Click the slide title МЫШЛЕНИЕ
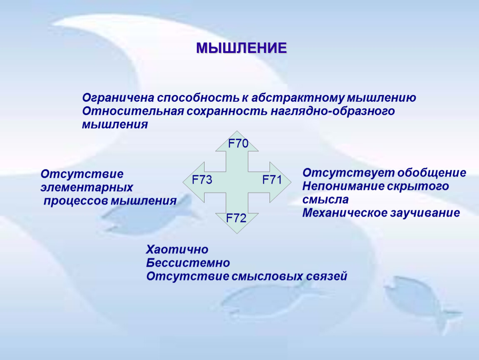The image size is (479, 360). (241, 48)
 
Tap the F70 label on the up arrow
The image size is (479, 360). (238, 143)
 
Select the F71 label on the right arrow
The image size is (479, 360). (272, 180)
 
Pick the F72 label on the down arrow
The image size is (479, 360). (236, 218)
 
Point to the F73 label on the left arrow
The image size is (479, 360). (202, 180)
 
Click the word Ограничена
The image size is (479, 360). (118, 98)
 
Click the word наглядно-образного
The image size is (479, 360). (333, 112)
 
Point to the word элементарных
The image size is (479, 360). (87, 187)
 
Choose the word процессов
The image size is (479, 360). (76, 201)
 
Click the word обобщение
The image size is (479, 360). (432, 173)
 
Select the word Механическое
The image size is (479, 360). (345, 212)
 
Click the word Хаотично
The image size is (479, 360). (177, 250)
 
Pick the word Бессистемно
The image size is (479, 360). (188, 263)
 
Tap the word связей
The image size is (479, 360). (327, 276)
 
